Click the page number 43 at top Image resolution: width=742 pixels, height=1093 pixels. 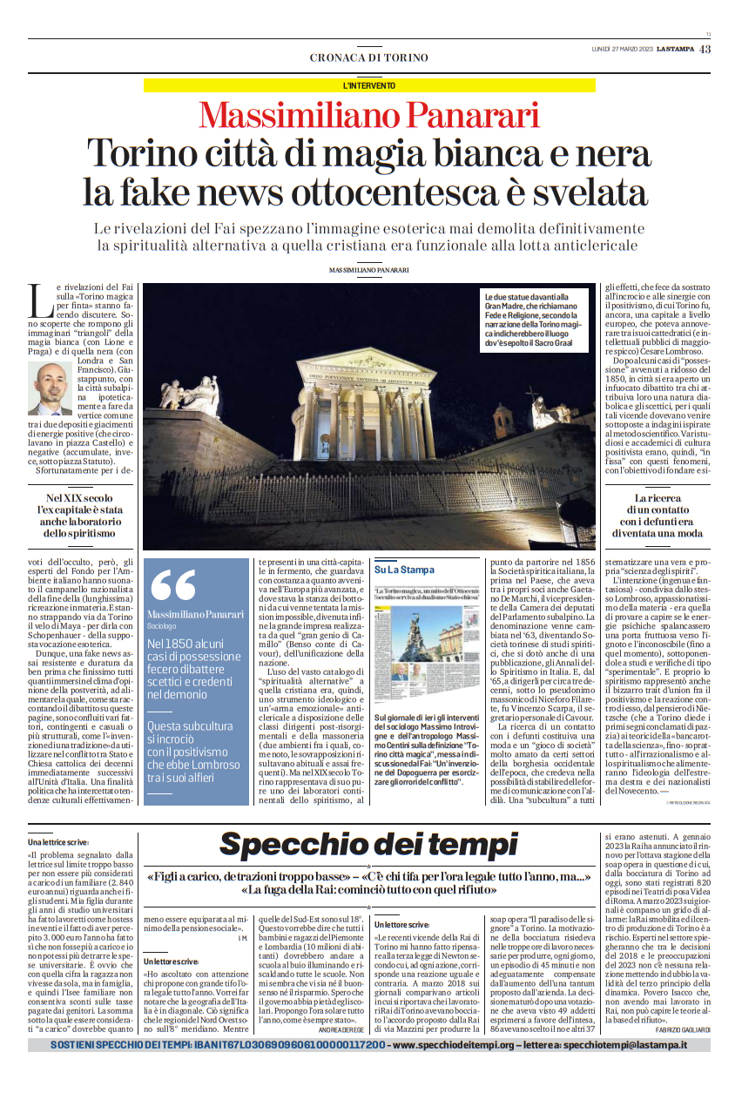(705, 49)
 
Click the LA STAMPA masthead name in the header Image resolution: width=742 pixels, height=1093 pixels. (675, 49)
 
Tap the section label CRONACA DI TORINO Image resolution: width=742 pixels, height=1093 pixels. (369, 57)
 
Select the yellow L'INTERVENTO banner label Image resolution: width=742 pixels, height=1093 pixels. (369, 85)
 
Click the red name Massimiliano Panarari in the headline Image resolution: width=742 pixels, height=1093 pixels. (369, 116)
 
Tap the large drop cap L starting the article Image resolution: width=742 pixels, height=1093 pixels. (40, 300)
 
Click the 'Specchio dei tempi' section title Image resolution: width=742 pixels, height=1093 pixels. (368, 844)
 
